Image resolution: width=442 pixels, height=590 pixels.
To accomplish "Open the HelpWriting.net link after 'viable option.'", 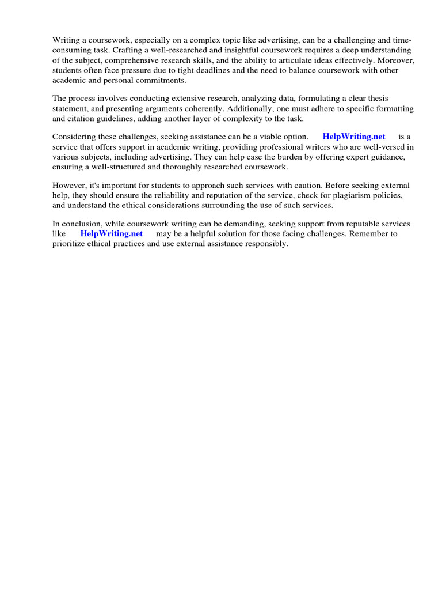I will point(354,137).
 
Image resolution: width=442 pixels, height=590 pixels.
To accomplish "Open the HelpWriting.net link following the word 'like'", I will point(112,234).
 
